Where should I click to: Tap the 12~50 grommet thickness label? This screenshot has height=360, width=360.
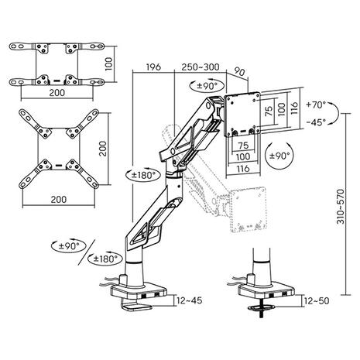[x=317, y=300]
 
